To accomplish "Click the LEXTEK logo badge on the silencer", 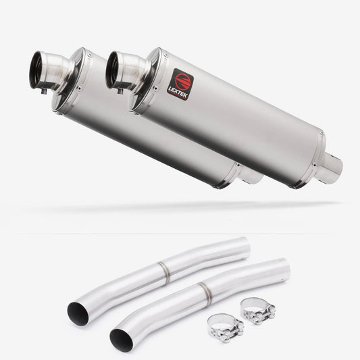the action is (x=180, y=84).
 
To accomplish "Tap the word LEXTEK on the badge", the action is (x=178, y=93).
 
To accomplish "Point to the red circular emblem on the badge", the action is (x=183, y=81).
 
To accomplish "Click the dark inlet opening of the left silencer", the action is (x=36, y=70).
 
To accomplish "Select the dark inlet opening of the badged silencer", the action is (x=112, y=70).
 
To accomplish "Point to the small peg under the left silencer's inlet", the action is (x=44, y=91).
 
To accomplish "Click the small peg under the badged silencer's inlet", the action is (x=120, y=91).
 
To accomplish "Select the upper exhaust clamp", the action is (x=258, y=311).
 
